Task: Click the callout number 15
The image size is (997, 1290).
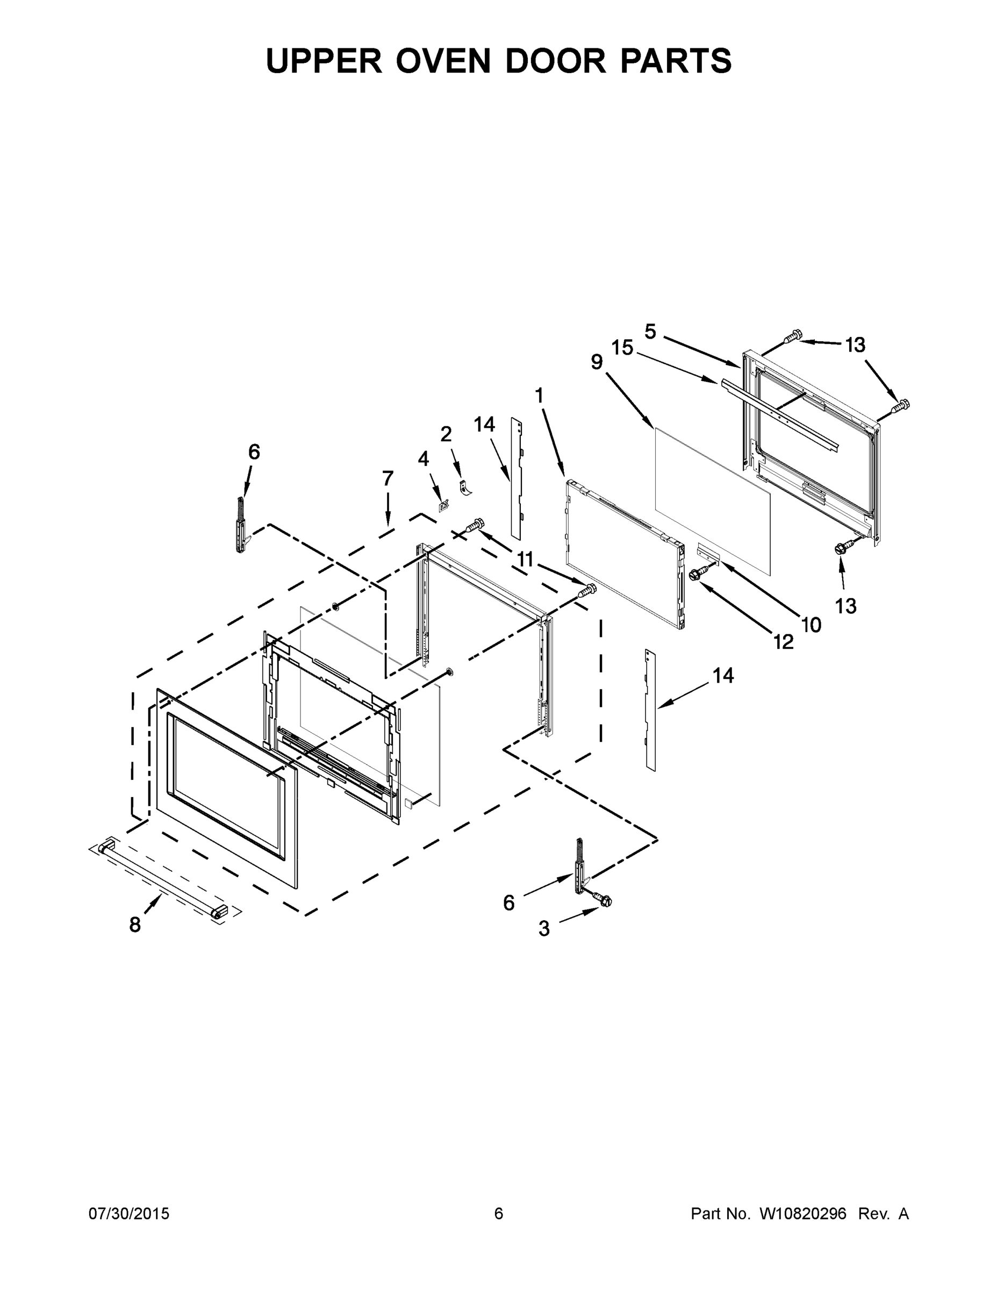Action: pyautogui.click(x=622, y=348)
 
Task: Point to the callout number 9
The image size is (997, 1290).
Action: pyautogui.click(x=597, y=362)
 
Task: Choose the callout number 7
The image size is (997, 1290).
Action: pyautogui.click(x=388, y=478)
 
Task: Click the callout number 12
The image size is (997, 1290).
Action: pyautogui.click(x=783, y=641)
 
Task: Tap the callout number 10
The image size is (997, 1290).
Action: pyautogui.click(x=812, y=625)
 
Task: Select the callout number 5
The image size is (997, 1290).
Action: pyautogui.click(x=650, y=332)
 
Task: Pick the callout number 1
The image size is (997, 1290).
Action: pyautogui.click(x=539, y=396)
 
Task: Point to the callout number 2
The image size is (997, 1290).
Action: pyautogui.click(x=446, y=434)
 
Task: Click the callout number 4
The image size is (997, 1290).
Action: pyautogui.click(x=424, y=459)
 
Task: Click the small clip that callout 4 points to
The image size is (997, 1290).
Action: pyautogui.click(x=443, y=506)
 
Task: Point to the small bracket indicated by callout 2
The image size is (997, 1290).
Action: pyautogui.click(x=465, y=489)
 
